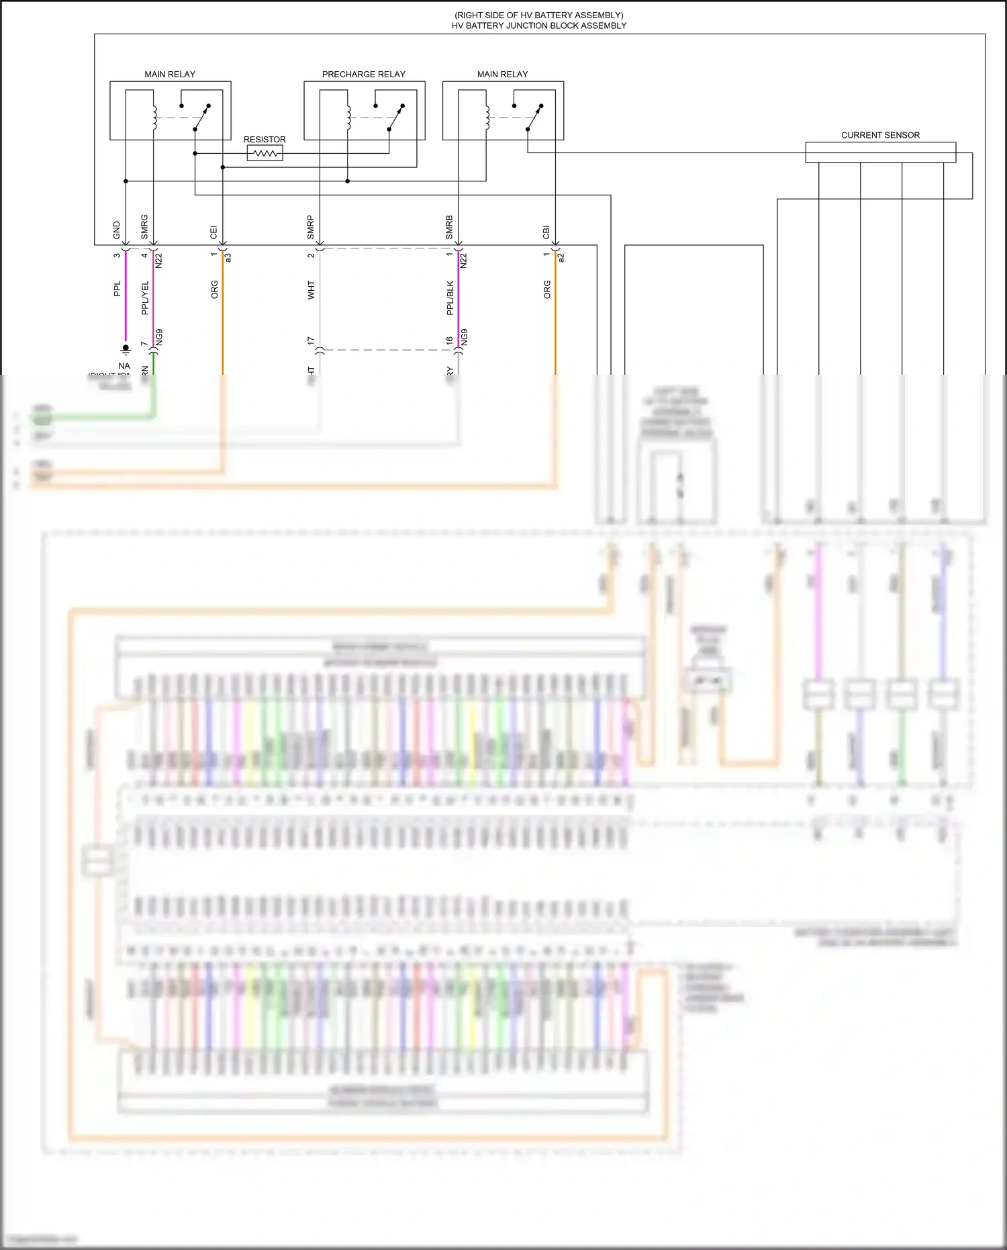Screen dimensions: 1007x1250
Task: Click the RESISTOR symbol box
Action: pos(265,154)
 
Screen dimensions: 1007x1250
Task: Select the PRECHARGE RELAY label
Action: pos(363,75)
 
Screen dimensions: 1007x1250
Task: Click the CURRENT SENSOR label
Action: pos(880,135)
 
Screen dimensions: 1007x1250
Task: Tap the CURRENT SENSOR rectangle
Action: pos(880,152)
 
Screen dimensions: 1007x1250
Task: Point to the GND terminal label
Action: pos(117,230)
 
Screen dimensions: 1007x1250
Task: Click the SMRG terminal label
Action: pos(144,227)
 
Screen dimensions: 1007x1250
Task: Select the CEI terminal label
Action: pos(213,232)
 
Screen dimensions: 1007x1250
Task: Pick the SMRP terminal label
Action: pos(310,227)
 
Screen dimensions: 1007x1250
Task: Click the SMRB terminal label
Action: pos(449,227)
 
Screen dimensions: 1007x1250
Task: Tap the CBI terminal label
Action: pos(546,232)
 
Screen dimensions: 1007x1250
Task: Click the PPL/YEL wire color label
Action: pos(145,298)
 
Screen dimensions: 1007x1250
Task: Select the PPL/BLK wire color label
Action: pos(450,298)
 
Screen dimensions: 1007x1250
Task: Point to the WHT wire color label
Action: pos(311,290)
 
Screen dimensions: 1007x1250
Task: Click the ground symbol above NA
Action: pos(126,349)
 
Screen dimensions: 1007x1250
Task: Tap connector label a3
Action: pos(228,257)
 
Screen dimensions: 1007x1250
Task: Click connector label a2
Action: pos(561,257)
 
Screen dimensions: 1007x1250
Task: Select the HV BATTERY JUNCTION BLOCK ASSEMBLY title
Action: pos(538,26)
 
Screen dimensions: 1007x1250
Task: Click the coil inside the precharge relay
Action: pos(348,118)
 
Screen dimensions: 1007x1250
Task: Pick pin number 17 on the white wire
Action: pos(311,341)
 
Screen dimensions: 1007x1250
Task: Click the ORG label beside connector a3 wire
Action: pos(214,289)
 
